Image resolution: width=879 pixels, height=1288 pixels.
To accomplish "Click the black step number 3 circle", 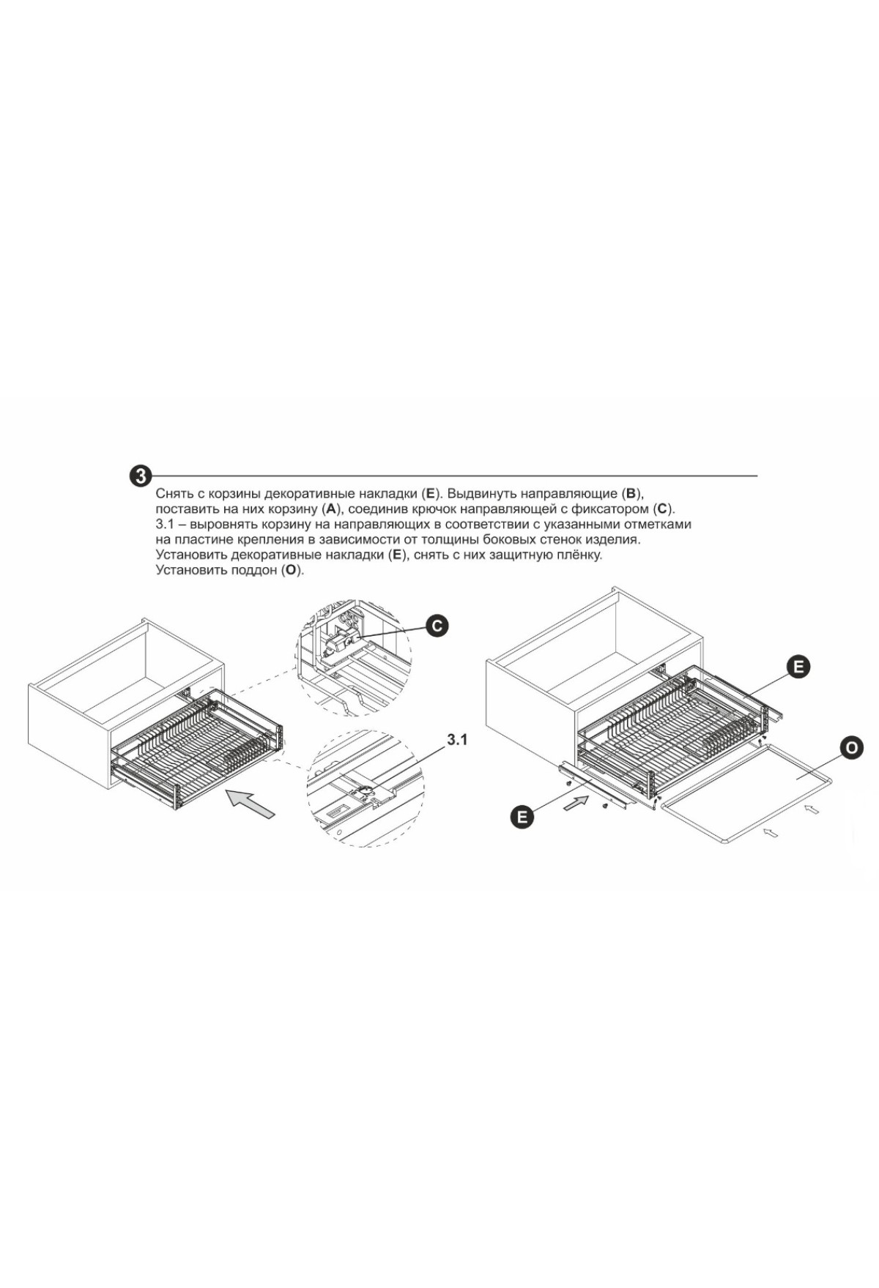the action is [140, 476].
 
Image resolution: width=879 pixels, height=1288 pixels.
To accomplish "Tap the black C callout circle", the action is [437, 626].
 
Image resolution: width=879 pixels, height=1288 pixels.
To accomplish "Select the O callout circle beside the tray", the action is [851, 748].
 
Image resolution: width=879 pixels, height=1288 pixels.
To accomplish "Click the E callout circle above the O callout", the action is [798, 667].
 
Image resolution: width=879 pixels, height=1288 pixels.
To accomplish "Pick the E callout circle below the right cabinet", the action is [522, 816].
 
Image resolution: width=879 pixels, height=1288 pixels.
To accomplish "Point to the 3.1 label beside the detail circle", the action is [457, 740].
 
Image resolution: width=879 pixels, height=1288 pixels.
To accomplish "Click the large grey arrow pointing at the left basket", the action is [251, 803].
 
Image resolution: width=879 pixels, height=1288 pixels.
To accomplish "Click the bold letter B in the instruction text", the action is [631, 493].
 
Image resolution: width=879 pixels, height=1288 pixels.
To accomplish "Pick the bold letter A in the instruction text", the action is [330, 509].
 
